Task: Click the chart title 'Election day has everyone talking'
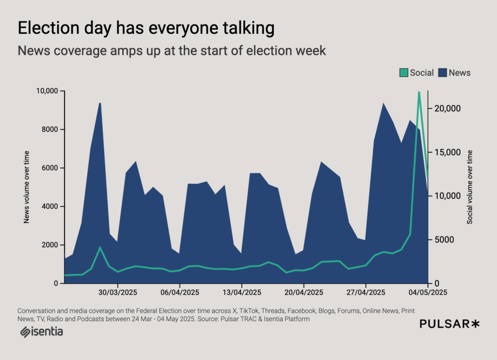click(146, 28)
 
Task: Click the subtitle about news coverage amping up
click(171, 51)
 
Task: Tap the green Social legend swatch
click(404, 73)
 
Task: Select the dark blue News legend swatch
click(443, 73)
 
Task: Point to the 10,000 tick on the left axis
click(47, 91)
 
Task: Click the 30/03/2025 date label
click(118, 292)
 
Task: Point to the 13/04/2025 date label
click(242, 292)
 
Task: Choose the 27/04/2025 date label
click(365, 292)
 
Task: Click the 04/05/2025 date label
click(427, 292)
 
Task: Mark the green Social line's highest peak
click(419, 92)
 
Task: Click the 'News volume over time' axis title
click(27, 187)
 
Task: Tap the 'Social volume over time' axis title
click(469, 187)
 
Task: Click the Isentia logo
click(41, 332)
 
